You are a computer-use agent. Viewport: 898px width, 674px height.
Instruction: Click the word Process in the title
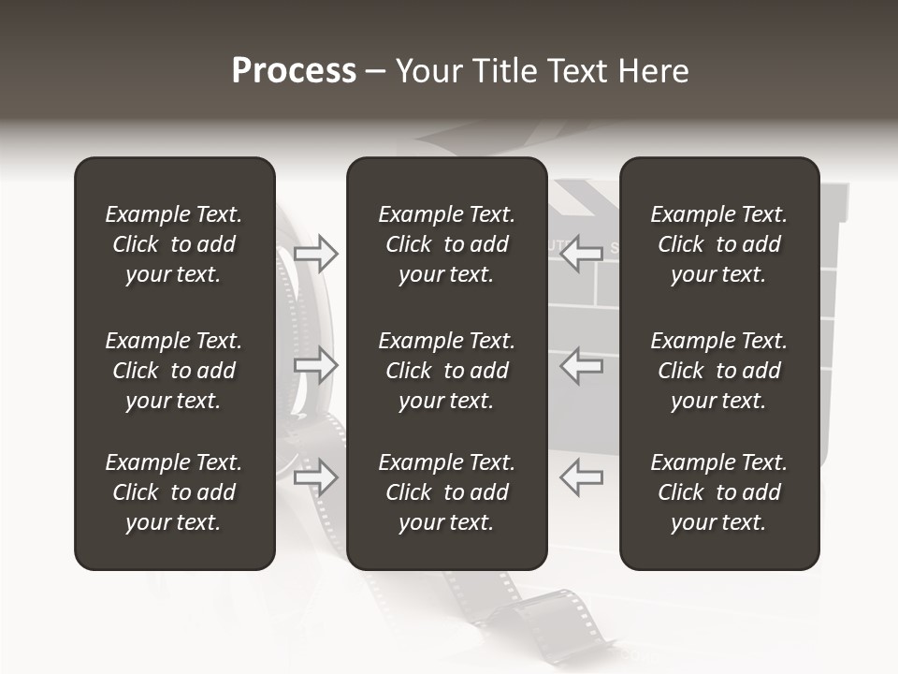click(294, 71)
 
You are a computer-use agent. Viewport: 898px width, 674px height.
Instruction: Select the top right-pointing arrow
click(316, 254)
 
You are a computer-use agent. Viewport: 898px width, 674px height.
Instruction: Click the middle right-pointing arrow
click(316, 366)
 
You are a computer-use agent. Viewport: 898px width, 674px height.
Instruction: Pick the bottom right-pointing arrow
click(316, 478)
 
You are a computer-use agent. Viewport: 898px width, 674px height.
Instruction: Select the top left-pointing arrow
click(581, 253)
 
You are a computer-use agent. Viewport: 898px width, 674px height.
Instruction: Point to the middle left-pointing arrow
click(581, 366)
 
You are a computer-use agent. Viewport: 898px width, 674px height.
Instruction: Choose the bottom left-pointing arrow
click(581, 478)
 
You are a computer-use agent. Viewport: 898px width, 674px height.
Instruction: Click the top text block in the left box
click(174, 244)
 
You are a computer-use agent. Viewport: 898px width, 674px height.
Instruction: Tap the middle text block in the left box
click(174, 371)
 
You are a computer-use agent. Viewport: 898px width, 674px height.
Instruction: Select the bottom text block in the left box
click(174, 492)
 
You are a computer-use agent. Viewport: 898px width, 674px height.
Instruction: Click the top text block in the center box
click(446, 244)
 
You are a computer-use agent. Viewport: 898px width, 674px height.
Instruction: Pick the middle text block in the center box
click(446, 371)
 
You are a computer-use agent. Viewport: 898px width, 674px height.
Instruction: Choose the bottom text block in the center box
click(446, 492)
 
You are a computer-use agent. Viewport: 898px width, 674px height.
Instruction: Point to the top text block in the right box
click(719, 244)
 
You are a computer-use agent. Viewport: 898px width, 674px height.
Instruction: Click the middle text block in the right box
click(719, 371)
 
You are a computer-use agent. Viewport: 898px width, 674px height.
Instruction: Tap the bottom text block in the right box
click(719, 492)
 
